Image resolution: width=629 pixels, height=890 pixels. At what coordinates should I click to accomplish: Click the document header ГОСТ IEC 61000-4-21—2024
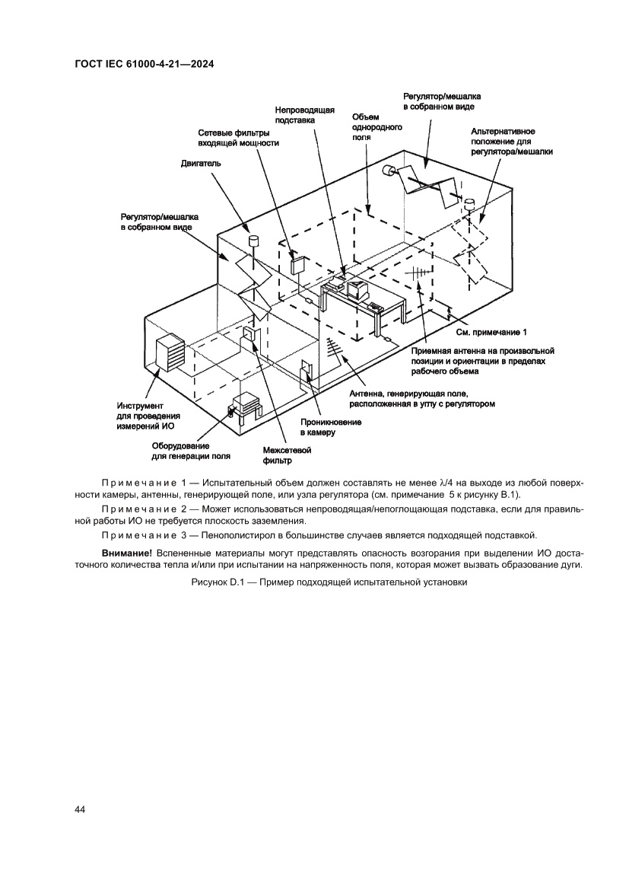144,65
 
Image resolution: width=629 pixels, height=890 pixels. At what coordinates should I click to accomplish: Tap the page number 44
80,809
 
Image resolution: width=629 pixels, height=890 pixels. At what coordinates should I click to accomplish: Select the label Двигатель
201,163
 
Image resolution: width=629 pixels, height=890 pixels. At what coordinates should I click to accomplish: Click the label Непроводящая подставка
304,115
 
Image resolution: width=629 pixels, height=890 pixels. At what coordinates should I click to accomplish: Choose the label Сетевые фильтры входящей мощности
238,137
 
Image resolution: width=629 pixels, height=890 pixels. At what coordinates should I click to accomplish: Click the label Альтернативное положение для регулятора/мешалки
511,142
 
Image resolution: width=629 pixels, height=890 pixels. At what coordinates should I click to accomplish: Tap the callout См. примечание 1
491,333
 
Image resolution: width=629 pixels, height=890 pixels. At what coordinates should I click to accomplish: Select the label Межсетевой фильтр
287,455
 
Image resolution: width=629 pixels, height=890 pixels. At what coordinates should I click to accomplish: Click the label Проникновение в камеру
330,426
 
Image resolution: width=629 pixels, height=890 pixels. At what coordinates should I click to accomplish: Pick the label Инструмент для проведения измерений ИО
148,416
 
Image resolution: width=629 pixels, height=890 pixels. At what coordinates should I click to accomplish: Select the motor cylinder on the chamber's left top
253,241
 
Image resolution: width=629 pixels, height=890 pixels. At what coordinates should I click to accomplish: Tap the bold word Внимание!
126,550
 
